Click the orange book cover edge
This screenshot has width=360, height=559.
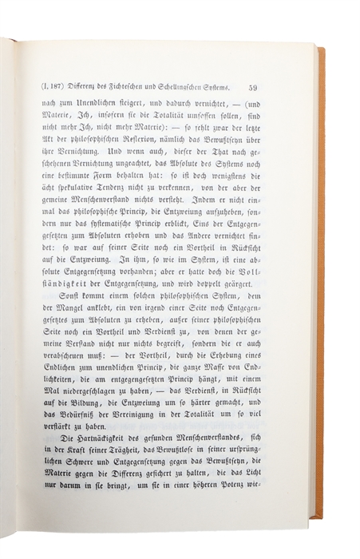pyautogui.click(x=321, y=279)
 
